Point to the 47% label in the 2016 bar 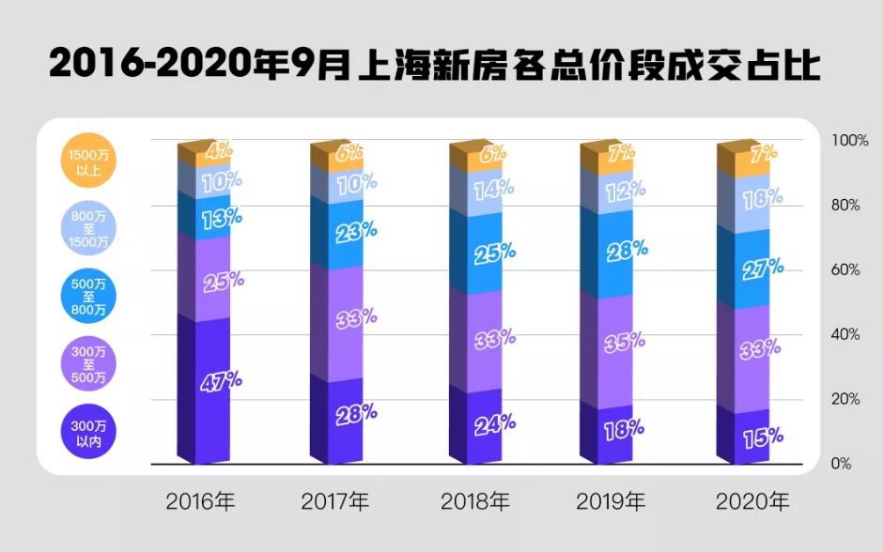tap(222, 381)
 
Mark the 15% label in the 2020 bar tap(762, 437)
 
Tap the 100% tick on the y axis tap(850, 140)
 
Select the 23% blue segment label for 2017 tap(356, 231)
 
